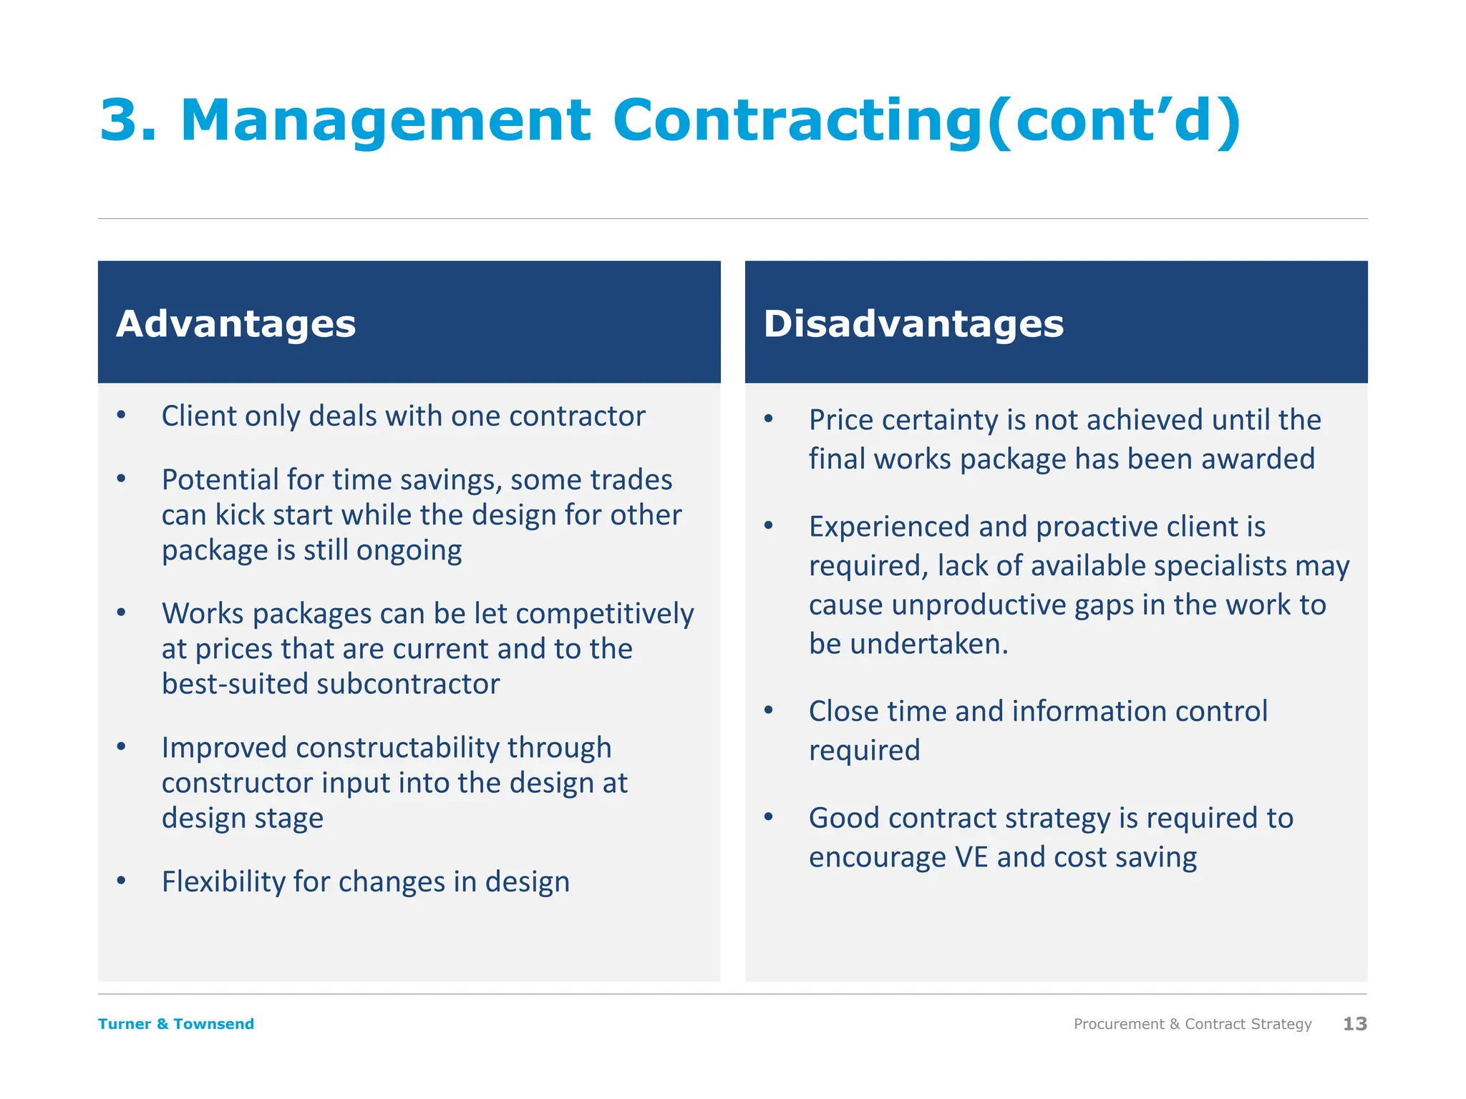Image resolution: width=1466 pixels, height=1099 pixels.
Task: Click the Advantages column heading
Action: (236, 324)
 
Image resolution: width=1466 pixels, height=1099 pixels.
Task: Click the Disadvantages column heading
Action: (913, 324)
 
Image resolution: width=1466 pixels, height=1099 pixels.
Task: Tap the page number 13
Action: (1354, 1024)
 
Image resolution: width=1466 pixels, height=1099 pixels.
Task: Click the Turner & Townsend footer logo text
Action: (176, 1024)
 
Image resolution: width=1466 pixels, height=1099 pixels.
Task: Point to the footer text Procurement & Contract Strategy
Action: (1193, 1024)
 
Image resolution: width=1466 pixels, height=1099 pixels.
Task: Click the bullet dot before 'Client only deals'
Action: (122, 416)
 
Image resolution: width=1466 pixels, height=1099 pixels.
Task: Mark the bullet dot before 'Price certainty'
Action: (769, 419)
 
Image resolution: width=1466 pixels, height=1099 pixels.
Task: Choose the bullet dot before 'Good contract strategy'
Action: (769, 817)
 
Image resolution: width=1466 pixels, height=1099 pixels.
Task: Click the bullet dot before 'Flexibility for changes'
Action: (122, 881)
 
